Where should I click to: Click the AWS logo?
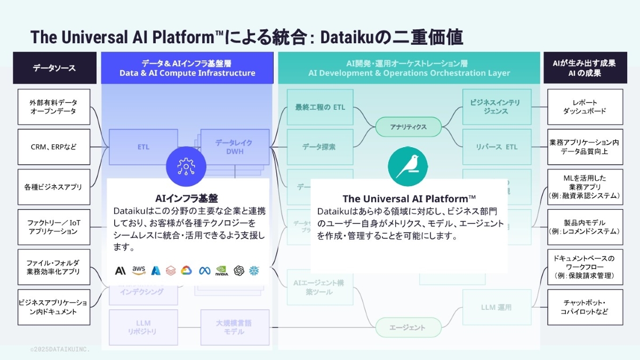pyautogui.click(x=139, y=270)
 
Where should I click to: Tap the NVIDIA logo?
pyautogui.click(x=221, y=271)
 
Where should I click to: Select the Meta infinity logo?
pyautogui.click(x=205, y=270)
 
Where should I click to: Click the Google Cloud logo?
pyautogui.click(x=186, y=270)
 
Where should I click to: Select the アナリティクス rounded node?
pyautogui.click(x=409, y=127)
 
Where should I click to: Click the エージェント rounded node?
pyautogui.click(x=409, y=327)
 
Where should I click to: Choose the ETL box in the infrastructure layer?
pyautogui.click(x=143, y=147)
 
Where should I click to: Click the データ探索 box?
pyautogui.click(x=319, y=147)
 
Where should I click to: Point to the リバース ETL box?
pyautogui.click(x=497, y=147)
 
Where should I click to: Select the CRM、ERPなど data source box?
pyautogui.click(x=53, y=147)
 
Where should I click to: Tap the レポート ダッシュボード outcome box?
pyautogui.click(x=585, y=107)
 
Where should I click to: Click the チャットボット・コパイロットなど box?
pyautogui.click(x=585, y=307)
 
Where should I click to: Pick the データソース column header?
pyautogui.click(x=54, y=68)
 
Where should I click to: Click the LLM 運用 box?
pyautogui.click(x=497, y=307)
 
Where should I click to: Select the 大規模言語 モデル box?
pyautogui.click(x=234, y=327)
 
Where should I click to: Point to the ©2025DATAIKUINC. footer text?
pyautogui.click(x=60, y=349)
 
